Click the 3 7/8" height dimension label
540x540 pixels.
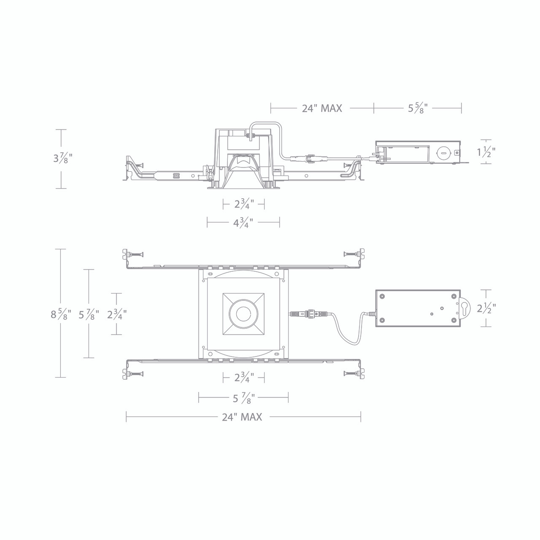(63, 159)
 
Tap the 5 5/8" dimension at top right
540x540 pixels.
(418, 108)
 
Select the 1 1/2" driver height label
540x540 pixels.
(486, 152)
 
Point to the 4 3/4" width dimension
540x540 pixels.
(243, 223)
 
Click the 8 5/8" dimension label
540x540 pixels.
(61, 314)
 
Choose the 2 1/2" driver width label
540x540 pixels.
(486, 308)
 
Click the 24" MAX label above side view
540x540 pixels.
(322, 108)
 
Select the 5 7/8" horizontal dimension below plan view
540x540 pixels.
(244, 398)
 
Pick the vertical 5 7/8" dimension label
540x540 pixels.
(89, 314)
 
